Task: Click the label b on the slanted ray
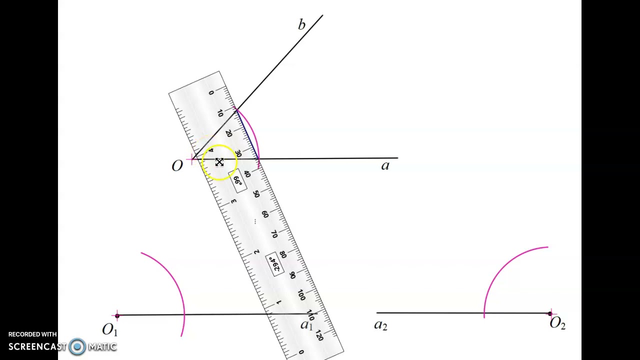click(x=301, y=24)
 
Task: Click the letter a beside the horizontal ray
click(x=385, y=165)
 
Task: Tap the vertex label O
click(x=177, y=165)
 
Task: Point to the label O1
click(x=110, y=329)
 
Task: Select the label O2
click(x=557, y=323)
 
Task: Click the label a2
click(x=381, y=325)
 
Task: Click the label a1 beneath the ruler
click(x=307, y=325)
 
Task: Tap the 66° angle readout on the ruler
click(x=237, y=180)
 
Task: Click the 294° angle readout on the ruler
click(x=274, y=264)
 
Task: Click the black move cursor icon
click(x=219, y=162)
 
